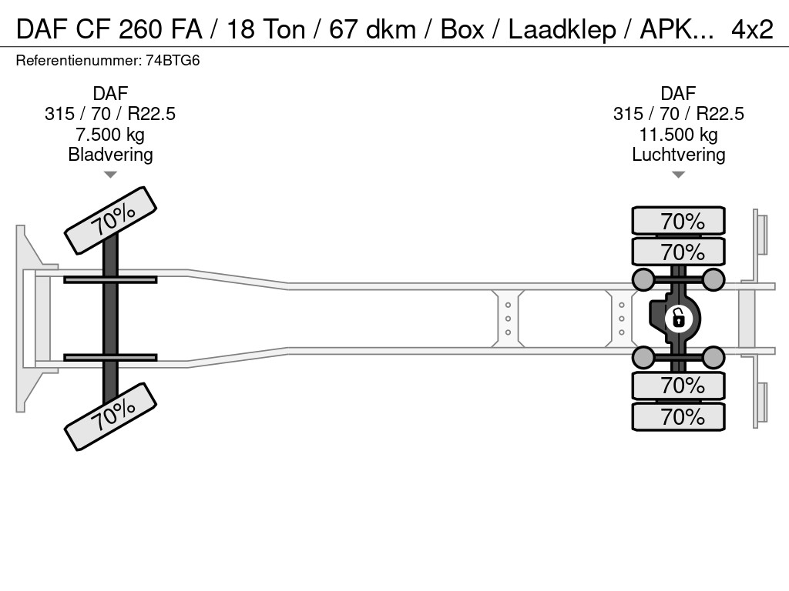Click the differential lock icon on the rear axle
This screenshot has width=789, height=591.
[678, 319]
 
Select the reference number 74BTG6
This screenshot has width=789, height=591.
[173, 61]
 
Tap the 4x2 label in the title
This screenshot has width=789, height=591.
[752, 30]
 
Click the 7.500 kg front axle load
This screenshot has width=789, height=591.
[110, 135]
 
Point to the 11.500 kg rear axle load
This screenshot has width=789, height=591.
[678, 135]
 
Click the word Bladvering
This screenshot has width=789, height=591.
[110, 154]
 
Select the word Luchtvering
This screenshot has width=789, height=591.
[678, 154]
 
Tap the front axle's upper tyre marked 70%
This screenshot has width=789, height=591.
[111, 220]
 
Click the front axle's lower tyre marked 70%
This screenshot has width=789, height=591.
[111, 416]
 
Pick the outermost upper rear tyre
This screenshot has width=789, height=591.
[678, 221]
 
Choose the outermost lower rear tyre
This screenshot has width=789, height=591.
[678, 416]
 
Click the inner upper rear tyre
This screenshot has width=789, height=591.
[678, 252]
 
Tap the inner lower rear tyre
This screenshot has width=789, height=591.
[678, 386]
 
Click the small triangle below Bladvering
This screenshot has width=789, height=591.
[110, 175]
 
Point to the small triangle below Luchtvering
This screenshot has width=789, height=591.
[678, 175]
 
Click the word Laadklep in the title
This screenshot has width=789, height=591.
[562, 30]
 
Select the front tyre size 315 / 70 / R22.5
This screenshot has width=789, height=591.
[110, 114]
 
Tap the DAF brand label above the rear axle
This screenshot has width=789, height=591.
[678, 93]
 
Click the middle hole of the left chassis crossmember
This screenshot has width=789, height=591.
[508, 319]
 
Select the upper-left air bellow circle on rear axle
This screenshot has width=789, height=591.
[643, 279]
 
